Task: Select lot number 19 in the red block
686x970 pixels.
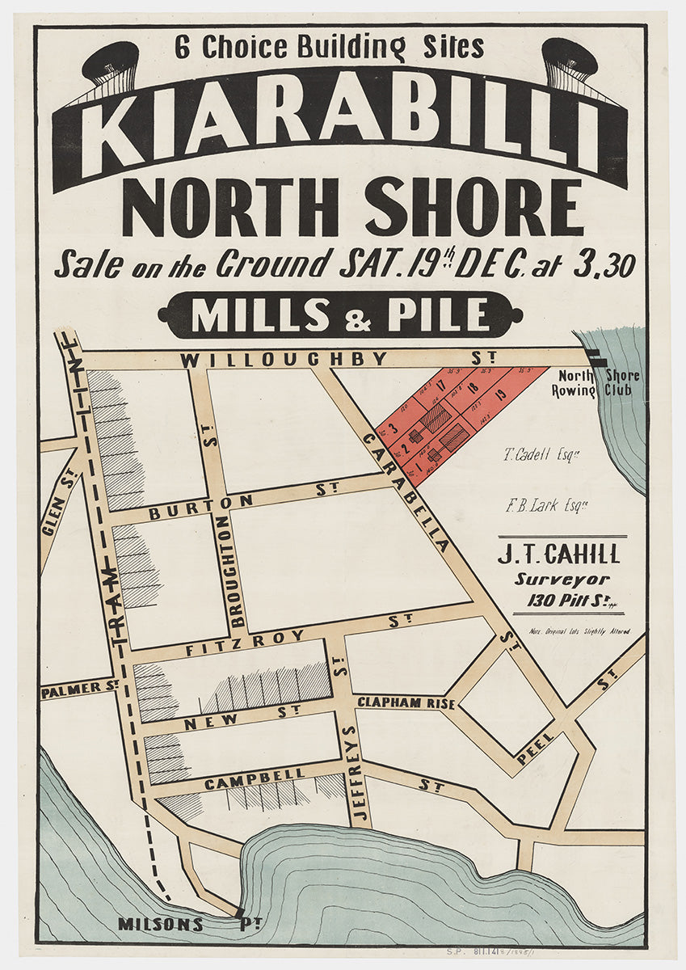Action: (x=500, y=395)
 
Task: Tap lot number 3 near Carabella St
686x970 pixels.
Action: (x=393, y=428)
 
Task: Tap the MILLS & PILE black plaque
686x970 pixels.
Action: (x=340, y=315)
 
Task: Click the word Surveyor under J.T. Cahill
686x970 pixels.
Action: (x=558, y=580)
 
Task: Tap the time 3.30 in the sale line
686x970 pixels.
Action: (x=604, y=264)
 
